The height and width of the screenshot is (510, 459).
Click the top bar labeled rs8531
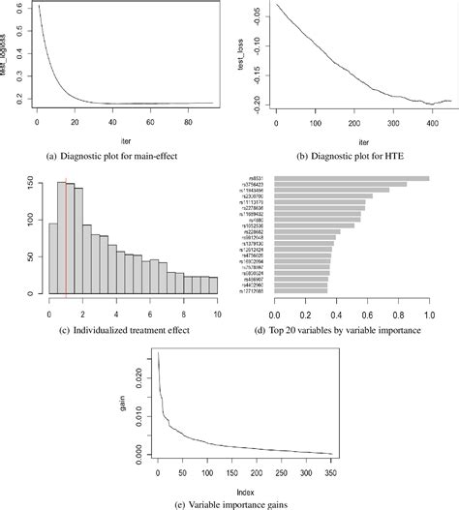(x=352, y=178)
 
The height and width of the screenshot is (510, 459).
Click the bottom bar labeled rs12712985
(x=301, y=289)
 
